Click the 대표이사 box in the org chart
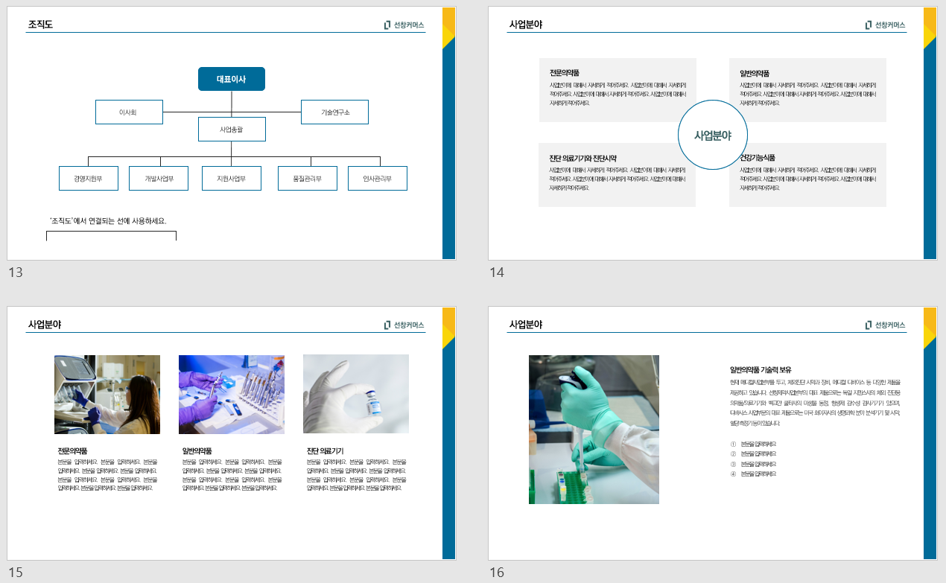click(x=231, y=79)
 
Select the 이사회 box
click(x=129, y=112)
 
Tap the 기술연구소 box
click(x=334, y=112)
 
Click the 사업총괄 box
click(x=232, y=130)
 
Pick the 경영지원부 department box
click(x=88, y=179)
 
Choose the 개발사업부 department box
click(x=159, y=179)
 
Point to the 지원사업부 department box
click(x=231, y=179)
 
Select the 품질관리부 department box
click(x=307, y=179)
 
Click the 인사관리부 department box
click(x=378, y=179)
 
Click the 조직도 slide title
click(x=40, y=25)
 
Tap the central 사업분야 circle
click(x=712, y=136)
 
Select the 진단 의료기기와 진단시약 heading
click(x=582, y=158)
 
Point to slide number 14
click(x=497, y=273)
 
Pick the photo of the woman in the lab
click(x=107, y=395)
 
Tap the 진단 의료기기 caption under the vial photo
click(x=325, y=450)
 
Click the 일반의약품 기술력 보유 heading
click(x=761, y=369)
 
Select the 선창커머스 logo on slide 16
click(x=886, y=325)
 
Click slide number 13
click(x=16, y=273)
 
